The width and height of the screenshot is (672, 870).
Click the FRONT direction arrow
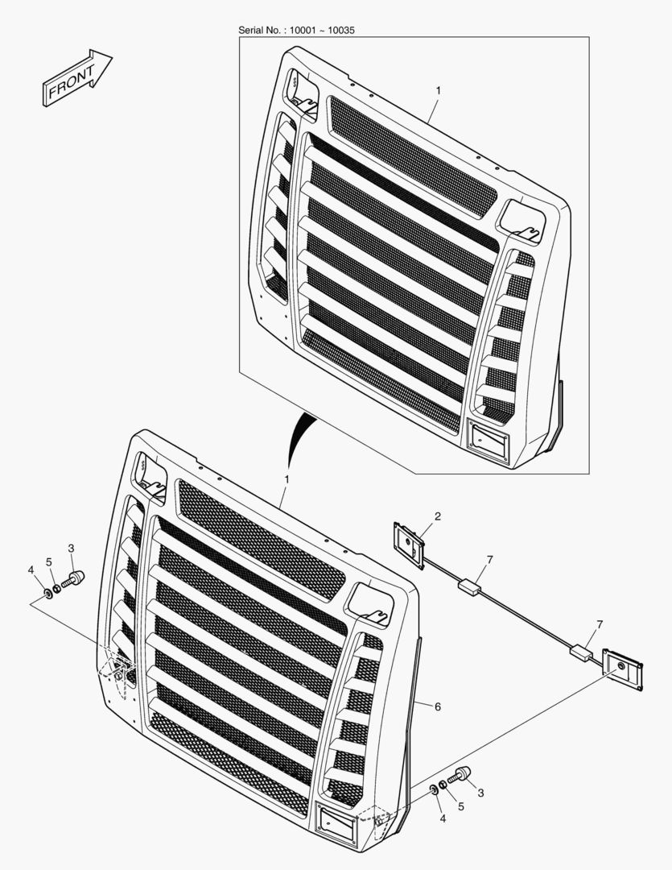click(x=77, y=77)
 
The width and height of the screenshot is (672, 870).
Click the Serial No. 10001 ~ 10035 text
click(x=296, y=30)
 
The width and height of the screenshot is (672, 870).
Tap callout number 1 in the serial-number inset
click(x=439, y=90)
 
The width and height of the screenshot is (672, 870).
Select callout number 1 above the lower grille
click(x=287, y=478)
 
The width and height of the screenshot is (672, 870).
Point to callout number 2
click(x=438, y=516)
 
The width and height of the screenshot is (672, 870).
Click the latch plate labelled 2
click(x=410, y=544)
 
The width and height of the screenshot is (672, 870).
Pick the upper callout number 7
click(x=489, y=560)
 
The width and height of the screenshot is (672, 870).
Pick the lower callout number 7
click(x=600, y=624)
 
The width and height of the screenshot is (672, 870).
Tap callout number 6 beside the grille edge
click(x=438, y=706)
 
